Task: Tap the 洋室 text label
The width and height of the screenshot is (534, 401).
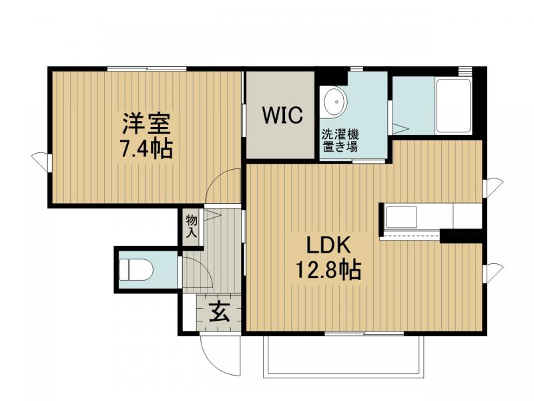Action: point(146,124)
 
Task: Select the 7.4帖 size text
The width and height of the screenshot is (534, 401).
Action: point(146,148)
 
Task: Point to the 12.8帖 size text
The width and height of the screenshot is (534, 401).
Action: point(328,270)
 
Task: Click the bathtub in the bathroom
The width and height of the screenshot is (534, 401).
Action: point(453,106)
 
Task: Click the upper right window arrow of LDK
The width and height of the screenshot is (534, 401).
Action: point(494,187)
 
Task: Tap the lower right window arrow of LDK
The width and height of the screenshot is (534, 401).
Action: point(494,272)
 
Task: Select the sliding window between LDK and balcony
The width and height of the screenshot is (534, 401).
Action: point(364,333)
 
